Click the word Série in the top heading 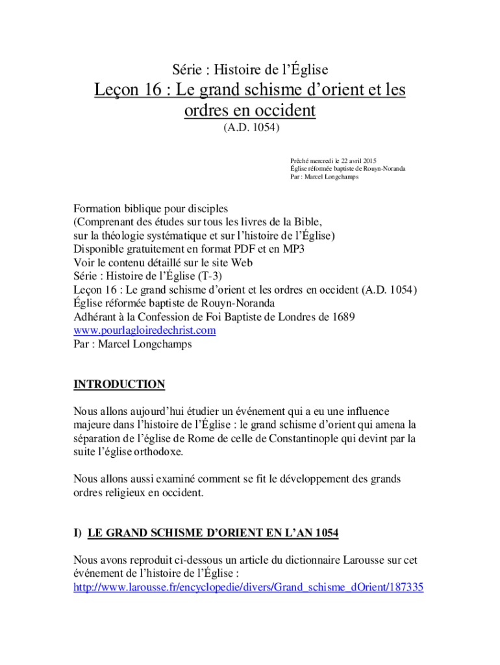(x=186, y=69)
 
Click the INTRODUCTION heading (x=119, y=384)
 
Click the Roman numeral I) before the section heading (x=78, y=534)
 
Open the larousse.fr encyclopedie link (x=249, y=588)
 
